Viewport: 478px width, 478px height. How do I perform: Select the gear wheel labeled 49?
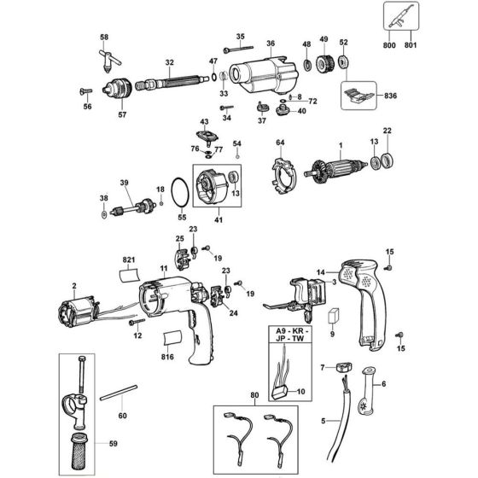[324, 65]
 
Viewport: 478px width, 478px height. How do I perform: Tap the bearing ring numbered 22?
[388, 160]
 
